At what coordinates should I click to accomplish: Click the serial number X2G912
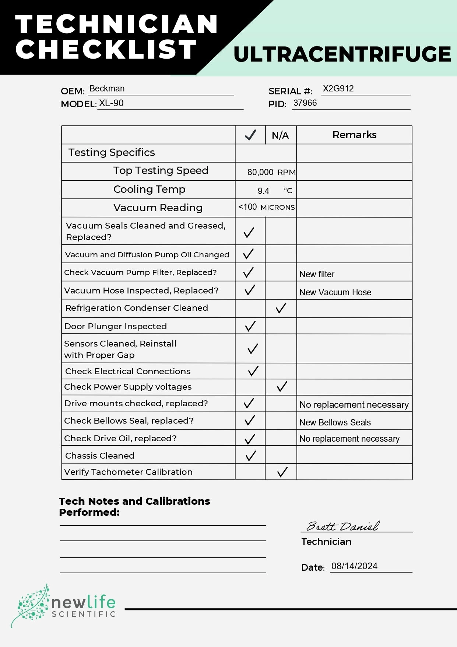[338, 88]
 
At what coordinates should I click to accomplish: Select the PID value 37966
[305, 103]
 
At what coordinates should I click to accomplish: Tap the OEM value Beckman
[107, 88]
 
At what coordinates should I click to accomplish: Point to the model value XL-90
[111, 103]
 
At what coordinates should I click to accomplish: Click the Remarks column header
[354, 135]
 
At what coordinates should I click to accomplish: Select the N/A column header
[280, 135]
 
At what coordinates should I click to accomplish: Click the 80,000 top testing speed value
[260, 172]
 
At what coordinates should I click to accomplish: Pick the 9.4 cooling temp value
[263, 191]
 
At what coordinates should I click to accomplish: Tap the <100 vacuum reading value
[247, 207]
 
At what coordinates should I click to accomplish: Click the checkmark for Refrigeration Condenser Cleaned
[281, 308]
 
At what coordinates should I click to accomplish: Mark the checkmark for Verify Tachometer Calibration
[282, 472]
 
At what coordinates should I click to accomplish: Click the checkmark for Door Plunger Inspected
[250, 326]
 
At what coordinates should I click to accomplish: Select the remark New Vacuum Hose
[335, 292]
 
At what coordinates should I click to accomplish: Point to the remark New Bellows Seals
[335, 422]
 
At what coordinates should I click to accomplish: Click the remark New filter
[317, 274]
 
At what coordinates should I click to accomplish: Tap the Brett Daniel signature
[342, 526]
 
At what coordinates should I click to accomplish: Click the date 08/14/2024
[354, 566]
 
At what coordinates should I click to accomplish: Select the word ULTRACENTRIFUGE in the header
[342, 54]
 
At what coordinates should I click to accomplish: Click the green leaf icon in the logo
[31, 605]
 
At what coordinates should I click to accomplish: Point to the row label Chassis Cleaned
[100, 456]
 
